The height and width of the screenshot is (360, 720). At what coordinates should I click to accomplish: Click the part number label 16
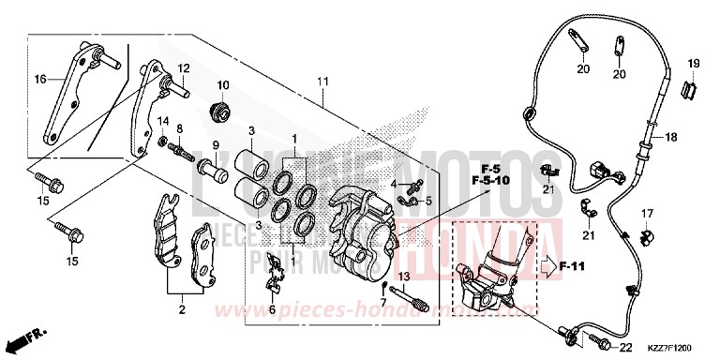point(40,80)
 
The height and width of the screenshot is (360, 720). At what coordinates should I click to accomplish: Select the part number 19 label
point(694,64)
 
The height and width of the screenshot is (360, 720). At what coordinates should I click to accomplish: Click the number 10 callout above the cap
point(224,85)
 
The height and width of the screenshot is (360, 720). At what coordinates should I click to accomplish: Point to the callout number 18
point(670,138)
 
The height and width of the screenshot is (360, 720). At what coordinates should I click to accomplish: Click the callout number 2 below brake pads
point(182,308)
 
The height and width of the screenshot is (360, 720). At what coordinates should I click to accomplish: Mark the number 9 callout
point(215,145)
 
